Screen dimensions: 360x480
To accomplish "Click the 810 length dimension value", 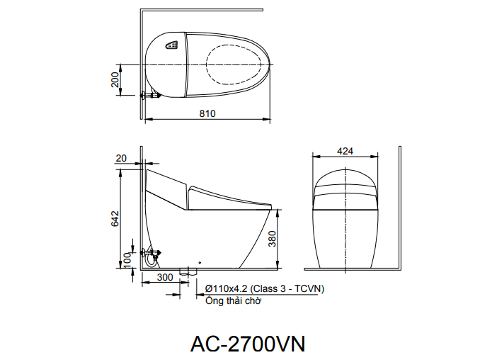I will tap(207, 113).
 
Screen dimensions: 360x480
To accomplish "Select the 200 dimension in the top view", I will tap(115, 79).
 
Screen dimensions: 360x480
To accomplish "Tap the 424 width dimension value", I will tap(345, 151).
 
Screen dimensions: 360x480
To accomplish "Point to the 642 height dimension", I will tap(115, 220).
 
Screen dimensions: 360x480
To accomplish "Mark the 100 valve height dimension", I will tap(128, 259).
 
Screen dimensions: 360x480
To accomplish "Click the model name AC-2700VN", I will tap(247, 344).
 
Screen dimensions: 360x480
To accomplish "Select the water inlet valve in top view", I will tap(149, 95).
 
